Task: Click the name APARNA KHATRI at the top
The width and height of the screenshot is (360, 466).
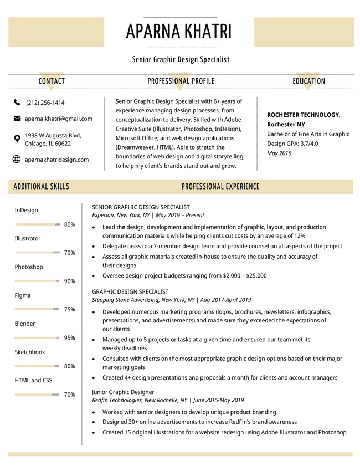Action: (x=179, y=32)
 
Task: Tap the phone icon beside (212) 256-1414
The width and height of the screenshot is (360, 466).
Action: (x=17, y=103)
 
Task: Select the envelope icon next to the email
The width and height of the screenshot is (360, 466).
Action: (x=17, y=119)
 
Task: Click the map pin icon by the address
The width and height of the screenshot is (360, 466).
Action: (x=17, y=139)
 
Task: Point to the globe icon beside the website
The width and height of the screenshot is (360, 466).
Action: (x=17, y=160)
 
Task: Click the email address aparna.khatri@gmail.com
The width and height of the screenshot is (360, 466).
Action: (x=58, y=119)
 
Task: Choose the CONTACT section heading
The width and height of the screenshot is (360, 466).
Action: (x=52, y=81)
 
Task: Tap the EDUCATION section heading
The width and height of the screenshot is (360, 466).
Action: (x=308, y=81)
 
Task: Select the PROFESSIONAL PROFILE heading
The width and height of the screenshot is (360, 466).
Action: (x=181, y=81)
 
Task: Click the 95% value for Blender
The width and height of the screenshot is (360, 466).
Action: (x=69, y=338)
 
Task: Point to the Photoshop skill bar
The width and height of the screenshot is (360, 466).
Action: (x=37, y=281)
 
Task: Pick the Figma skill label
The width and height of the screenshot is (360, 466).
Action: (x=23, y=295)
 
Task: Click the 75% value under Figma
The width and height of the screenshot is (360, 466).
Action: (x=69, y=310)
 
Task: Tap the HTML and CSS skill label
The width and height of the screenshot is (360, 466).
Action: (x=33, y=380)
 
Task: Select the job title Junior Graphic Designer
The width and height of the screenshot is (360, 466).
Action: (x=122, y=392)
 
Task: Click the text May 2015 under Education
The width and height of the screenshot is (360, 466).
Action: (x=279, y=153)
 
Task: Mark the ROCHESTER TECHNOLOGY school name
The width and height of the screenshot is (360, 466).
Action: (x=304, y=115)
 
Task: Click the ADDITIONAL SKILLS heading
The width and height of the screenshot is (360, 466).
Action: (x=42, y=187)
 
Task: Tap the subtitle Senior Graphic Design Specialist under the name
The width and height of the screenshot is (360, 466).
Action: (x=181, y=59)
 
